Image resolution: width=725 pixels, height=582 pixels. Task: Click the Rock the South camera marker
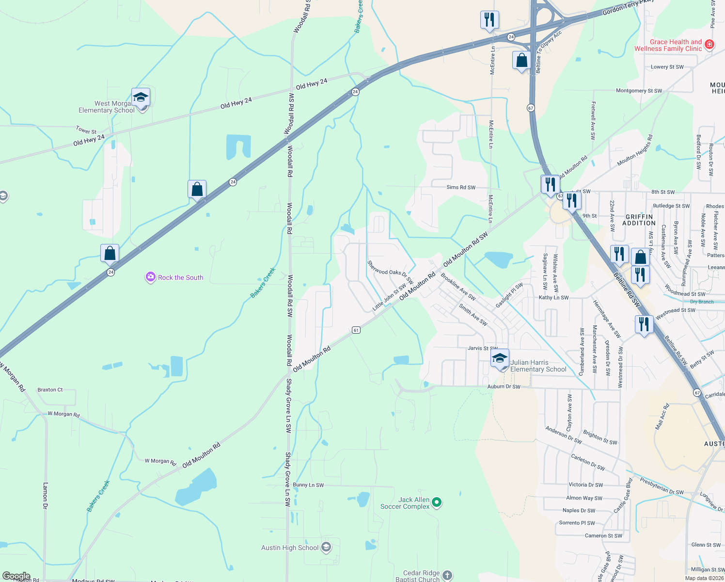point(150,277)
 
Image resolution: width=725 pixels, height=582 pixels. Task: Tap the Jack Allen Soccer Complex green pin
point(437,502)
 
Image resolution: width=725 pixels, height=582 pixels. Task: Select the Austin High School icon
point(326,548)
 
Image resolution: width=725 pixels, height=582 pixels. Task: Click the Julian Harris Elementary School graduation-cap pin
point(500,359)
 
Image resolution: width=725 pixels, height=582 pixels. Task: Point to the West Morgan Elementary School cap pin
point(141,97)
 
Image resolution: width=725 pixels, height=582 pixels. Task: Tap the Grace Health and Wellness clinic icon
point(709,45)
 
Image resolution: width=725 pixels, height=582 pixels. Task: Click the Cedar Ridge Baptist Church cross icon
point(447,575)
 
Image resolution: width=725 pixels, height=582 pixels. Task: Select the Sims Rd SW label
point(461,187)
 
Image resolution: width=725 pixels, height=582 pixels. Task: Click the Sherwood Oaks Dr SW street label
point(390,273)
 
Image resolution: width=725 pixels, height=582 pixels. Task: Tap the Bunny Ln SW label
point(308,485)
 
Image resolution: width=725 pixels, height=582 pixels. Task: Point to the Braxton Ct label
point(50,390)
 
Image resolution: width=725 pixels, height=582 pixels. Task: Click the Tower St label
point(86,130)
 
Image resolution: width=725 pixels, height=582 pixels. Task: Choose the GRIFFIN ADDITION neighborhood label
point(639,220)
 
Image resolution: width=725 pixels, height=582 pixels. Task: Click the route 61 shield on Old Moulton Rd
point(356,330)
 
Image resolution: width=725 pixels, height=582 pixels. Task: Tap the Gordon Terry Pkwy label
point(628,8)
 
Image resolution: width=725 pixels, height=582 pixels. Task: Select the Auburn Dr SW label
point(504,387)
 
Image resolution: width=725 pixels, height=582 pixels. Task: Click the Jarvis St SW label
point(482,348)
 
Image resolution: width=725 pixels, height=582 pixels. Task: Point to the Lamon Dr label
point(45,495)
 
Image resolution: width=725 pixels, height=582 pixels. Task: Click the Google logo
point(16,576)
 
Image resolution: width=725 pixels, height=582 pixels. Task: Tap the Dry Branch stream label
point(702,302)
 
